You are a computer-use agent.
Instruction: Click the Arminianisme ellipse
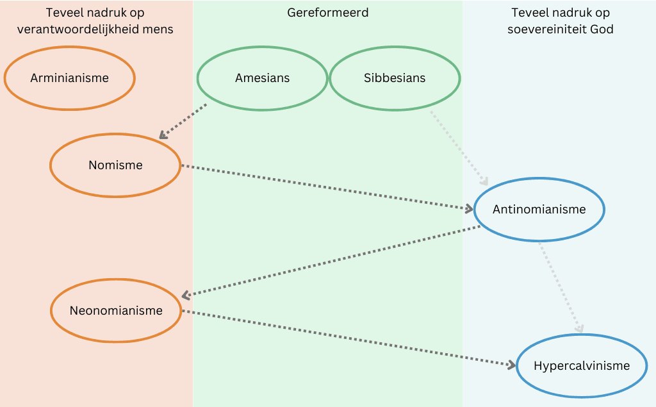69,78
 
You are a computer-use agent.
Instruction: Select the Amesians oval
262,78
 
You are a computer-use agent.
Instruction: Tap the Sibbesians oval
395,78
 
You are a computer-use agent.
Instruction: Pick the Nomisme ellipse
115,165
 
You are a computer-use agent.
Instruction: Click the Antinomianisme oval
539,210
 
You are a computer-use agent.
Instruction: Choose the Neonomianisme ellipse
116,311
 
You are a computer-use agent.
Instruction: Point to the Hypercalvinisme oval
582,366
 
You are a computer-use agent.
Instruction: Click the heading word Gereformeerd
328,13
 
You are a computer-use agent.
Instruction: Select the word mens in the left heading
159,29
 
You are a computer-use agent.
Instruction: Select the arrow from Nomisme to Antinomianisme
327,187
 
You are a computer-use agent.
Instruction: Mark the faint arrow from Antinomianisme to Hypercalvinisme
561,287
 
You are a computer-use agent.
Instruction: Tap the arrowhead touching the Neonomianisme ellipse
186,295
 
